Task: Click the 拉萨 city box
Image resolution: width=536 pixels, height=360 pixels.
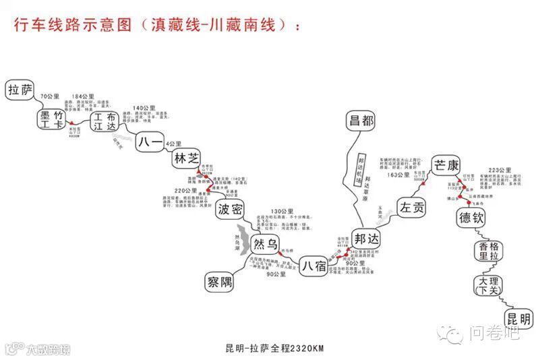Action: coord(20,90)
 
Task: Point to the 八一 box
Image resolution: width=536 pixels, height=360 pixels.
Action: coord(150,143)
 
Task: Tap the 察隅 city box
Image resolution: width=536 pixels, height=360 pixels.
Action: coord(220,280)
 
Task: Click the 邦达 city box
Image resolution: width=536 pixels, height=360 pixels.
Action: coord(366,239)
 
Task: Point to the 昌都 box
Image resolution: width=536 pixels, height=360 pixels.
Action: coord(361,121)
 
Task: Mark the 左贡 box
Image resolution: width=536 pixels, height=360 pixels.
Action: coord(411,208)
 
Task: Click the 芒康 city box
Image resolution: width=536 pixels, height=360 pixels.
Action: coord(446,164)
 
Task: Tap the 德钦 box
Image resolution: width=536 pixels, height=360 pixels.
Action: coord(471,218)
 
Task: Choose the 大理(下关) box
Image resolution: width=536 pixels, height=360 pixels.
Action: coord(489,284)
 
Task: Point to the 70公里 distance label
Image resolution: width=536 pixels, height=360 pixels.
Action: coord(50,97)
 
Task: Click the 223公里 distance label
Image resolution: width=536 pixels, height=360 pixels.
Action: coord(500,171)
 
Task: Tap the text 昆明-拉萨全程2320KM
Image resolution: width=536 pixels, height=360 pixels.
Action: coord(275,348)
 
